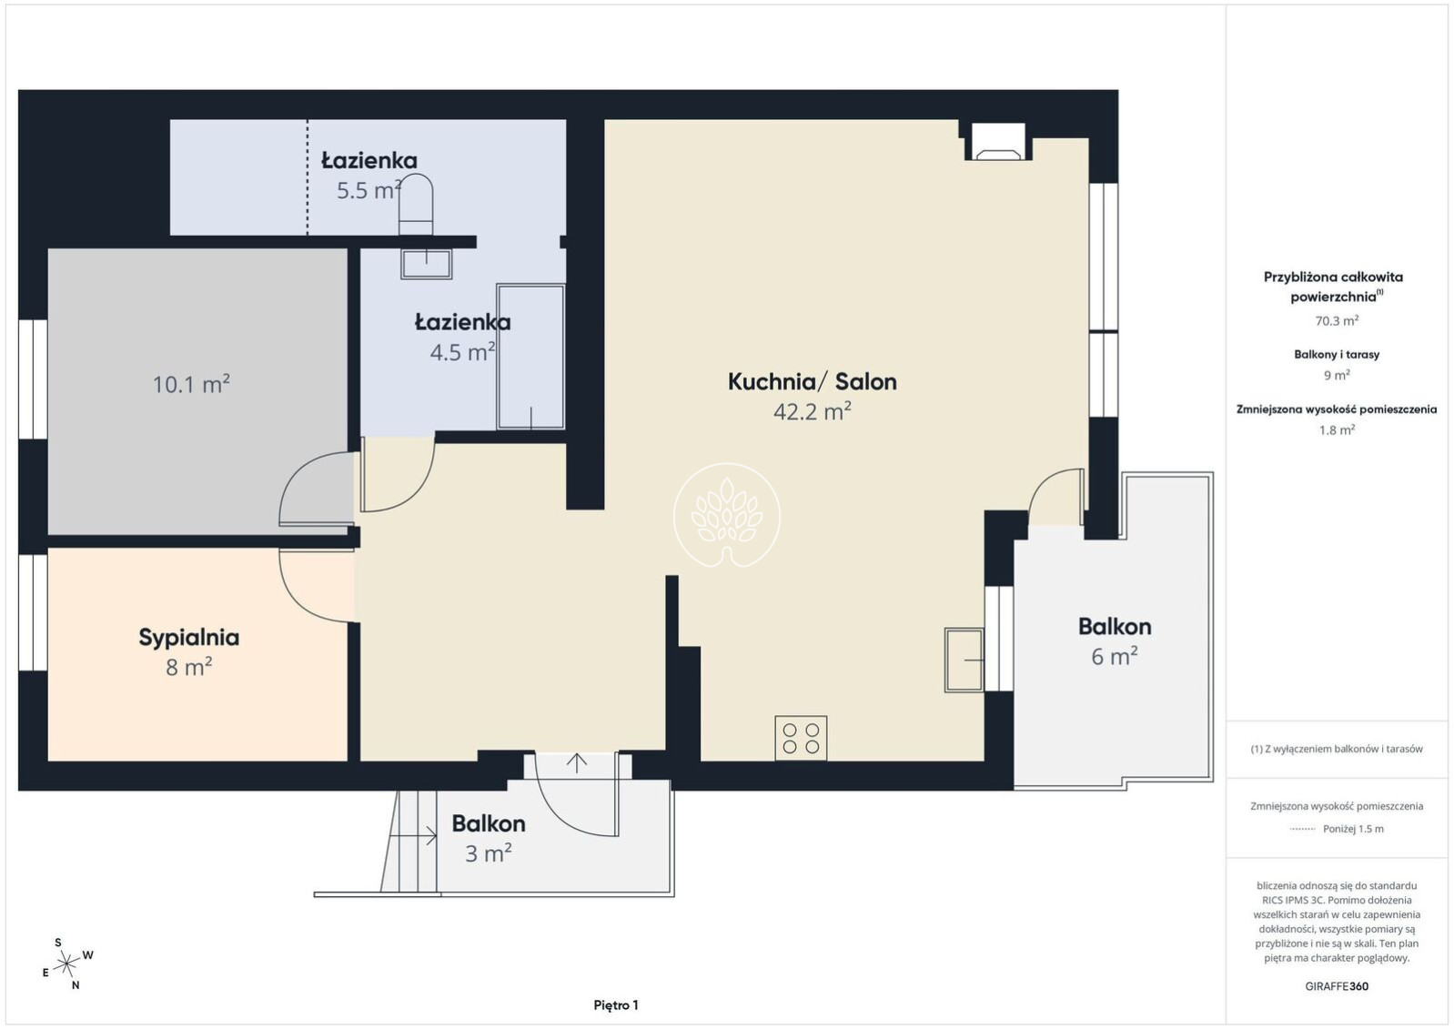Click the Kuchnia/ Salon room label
(812, 382)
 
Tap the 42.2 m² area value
(812, 411)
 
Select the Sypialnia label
(189, 638)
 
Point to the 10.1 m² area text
(191, 384)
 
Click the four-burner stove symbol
(801, 738)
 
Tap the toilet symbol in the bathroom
(416, 205)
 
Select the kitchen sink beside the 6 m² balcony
(964, 660)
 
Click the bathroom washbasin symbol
(426, 264)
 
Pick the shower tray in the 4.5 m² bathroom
(530, 357)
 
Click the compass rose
(66, 964)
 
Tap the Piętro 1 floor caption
(616, 1005)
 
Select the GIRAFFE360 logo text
(1337, 986)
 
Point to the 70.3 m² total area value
(1337, 321)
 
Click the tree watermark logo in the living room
(727, 515)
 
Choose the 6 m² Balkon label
(1115, 641)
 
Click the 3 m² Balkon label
(489, 838)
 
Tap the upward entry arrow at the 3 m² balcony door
(576, 762)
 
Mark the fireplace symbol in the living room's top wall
(998, 141)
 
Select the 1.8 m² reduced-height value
(1337, 429)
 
